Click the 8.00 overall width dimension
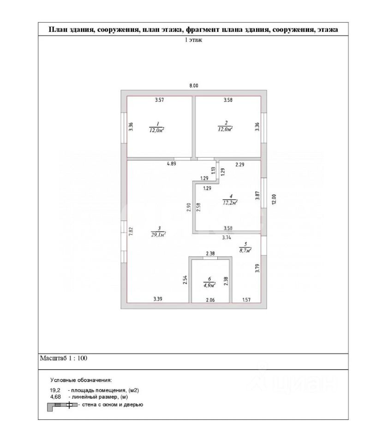coord(194,85)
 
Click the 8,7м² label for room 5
coord(245,251)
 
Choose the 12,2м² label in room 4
coord(229,202)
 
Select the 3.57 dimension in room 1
coord(160,100)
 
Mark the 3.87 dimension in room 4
coord(257,196)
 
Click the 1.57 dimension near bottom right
coord(247,299)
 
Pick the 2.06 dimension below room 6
coord(210,299)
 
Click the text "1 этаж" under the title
coord(194,40)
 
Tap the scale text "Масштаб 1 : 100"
coord(64,358)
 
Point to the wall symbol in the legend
coord(61,405)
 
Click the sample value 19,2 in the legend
coord(56,390)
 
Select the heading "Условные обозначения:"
coord(81,380)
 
